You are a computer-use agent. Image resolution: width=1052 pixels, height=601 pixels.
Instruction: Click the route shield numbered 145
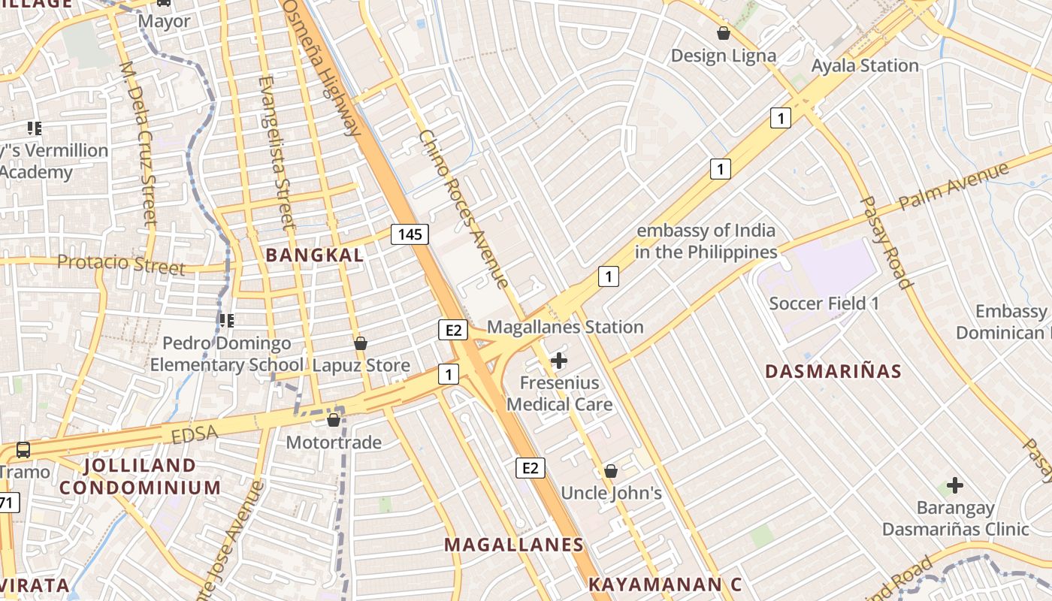(410, 234)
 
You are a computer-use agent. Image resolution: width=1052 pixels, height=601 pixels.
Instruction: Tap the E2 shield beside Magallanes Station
(453, 330)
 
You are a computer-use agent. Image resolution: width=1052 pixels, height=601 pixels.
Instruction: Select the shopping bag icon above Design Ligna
(723, 33)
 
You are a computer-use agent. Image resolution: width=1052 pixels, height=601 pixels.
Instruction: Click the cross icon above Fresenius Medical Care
(559, 361)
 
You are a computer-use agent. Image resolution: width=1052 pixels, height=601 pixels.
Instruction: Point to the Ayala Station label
(865, 65)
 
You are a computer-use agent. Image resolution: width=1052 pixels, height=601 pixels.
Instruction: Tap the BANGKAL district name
(315, 255)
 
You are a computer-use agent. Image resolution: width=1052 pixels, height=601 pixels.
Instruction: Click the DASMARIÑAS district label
(833, 371)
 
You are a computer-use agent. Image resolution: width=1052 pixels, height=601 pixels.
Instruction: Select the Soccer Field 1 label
(824, 304)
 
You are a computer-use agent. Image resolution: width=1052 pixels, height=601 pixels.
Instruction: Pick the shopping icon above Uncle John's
(611, 471)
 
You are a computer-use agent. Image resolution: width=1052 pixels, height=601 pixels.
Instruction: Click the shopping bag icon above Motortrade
(334, 419)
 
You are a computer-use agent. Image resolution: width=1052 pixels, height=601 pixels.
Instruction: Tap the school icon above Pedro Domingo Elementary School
(226, 321)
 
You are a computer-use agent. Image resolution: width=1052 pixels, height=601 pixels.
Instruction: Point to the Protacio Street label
(121, 264)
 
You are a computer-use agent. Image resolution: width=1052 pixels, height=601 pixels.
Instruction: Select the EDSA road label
(194, 433)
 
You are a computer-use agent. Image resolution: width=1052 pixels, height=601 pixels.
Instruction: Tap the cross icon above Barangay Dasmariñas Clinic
(954, 485)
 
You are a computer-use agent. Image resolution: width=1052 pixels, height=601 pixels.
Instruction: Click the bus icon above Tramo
(23, 450)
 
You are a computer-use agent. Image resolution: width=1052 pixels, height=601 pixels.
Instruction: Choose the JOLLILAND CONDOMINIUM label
(140, 476)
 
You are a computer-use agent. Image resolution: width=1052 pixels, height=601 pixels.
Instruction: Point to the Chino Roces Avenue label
(464, 210)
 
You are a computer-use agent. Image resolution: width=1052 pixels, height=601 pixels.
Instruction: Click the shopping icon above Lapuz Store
(361, 343)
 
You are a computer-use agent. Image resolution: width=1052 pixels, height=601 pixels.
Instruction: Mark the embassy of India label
(706, 241)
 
